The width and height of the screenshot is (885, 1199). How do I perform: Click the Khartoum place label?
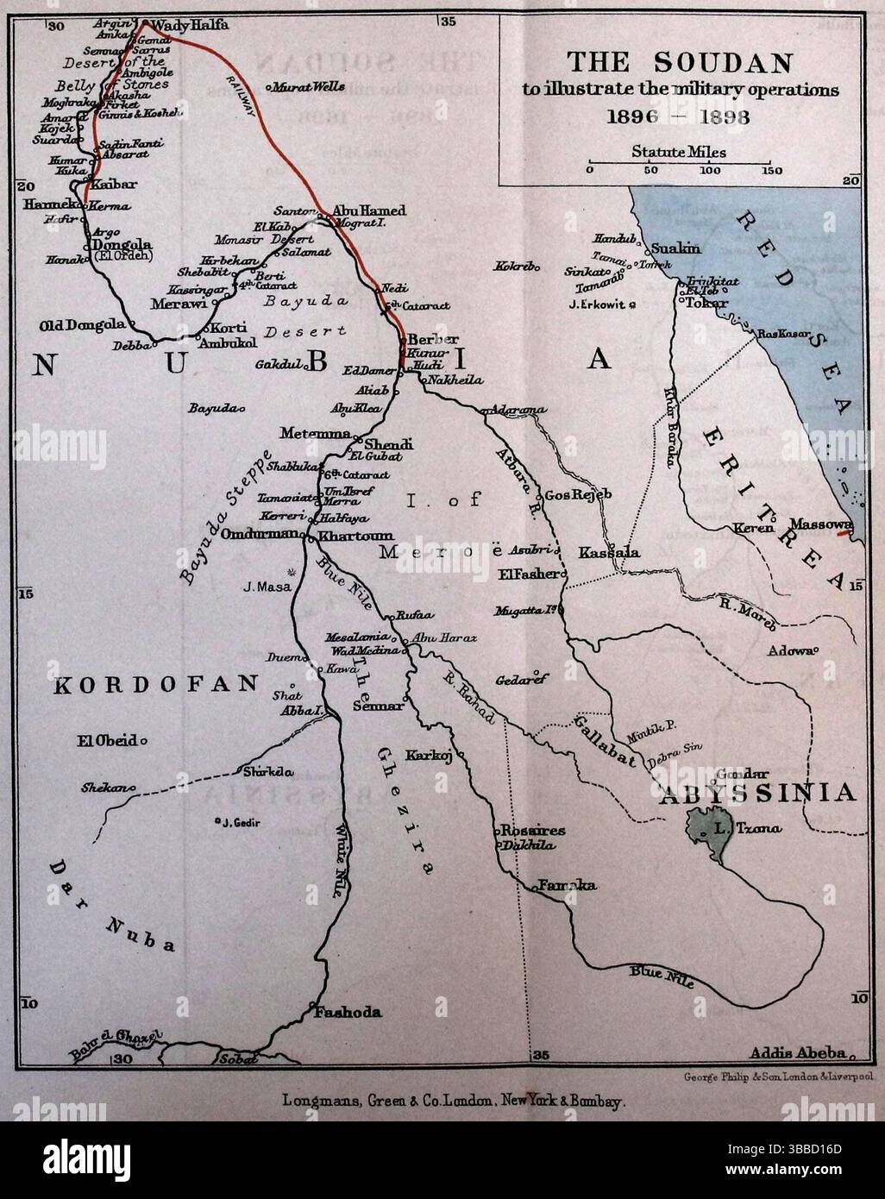point(344,536)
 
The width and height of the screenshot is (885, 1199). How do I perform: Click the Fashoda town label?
point(348,1013)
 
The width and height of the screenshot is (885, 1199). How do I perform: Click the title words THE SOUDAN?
point(679,63)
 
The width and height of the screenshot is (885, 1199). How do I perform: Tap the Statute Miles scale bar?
point(678,161)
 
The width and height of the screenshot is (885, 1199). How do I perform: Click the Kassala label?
point(609,552)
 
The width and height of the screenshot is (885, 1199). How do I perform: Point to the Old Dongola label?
point(82,325)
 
